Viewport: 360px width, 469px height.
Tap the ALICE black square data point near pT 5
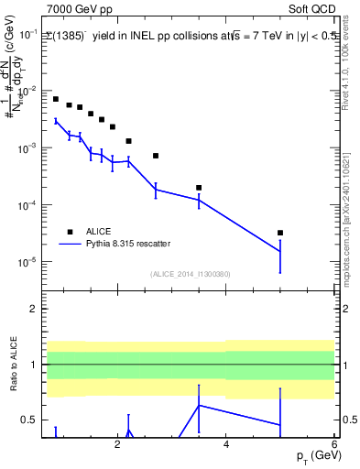(x=280, y=233)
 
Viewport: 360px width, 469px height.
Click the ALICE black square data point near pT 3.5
(x=199, y=188)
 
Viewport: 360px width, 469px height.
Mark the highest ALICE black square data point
(x=56, y=99)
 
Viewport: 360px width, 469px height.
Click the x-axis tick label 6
(x=334, y=444)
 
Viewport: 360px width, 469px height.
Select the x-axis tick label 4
(x=225, y=444)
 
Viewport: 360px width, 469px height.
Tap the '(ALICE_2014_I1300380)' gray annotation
(x=189, y=274)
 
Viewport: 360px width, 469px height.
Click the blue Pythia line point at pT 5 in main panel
(x=280, y=251)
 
